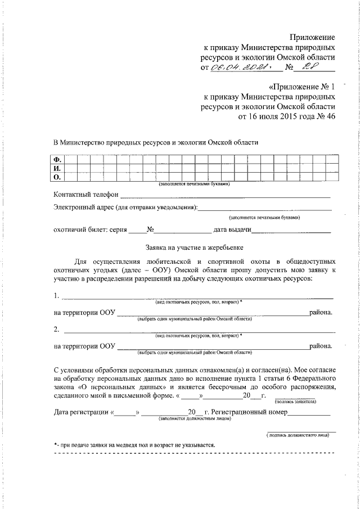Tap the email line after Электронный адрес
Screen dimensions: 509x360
[265, 210]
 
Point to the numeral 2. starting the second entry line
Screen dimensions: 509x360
[57, 328]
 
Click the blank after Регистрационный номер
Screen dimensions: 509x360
[309, 413]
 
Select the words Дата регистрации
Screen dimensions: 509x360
[82, 413]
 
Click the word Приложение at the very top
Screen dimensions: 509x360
[313, 37]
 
